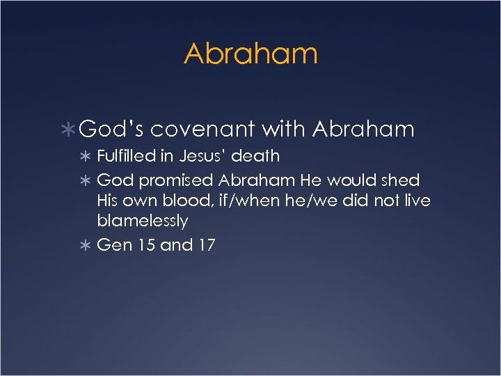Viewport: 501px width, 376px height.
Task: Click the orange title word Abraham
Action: (250, 54)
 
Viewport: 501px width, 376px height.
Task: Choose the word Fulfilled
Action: (126, 156)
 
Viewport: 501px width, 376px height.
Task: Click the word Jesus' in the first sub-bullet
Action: (204, 156)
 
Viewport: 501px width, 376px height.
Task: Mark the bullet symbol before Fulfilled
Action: (86, 157)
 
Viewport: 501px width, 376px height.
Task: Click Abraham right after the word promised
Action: (257, 180)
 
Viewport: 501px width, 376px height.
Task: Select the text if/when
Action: (240, 201)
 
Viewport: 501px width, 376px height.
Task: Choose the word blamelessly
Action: (143, 221)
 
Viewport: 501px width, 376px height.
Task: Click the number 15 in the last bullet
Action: (146, 245)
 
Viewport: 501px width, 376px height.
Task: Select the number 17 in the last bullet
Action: (205, 245)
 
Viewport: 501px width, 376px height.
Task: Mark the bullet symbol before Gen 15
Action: (86, 246)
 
